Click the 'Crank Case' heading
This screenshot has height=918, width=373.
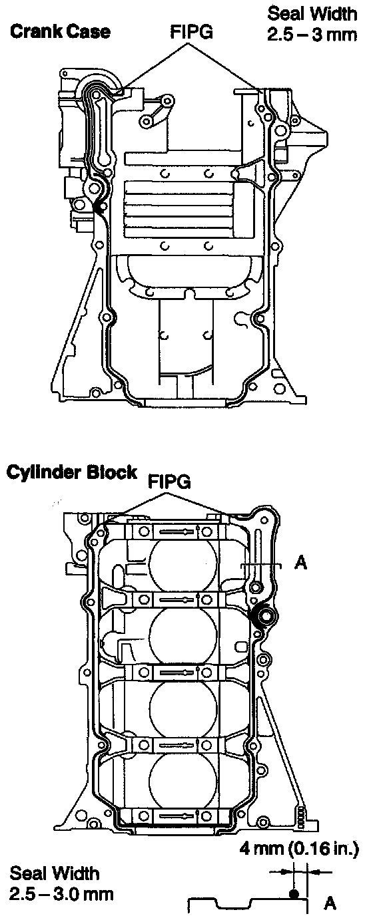click(61, 31)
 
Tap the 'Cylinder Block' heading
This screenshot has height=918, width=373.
click(71, 472)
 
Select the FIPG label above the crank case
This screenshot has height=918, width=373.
click(192, 31)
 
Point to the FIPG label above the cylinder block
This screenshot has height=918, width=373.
click(169, 482)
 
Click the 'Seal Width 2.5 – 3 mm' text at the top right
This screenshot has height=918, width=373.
click(312, 24)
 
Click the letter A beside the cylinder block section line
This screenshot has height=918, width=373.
click(301, 563)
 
